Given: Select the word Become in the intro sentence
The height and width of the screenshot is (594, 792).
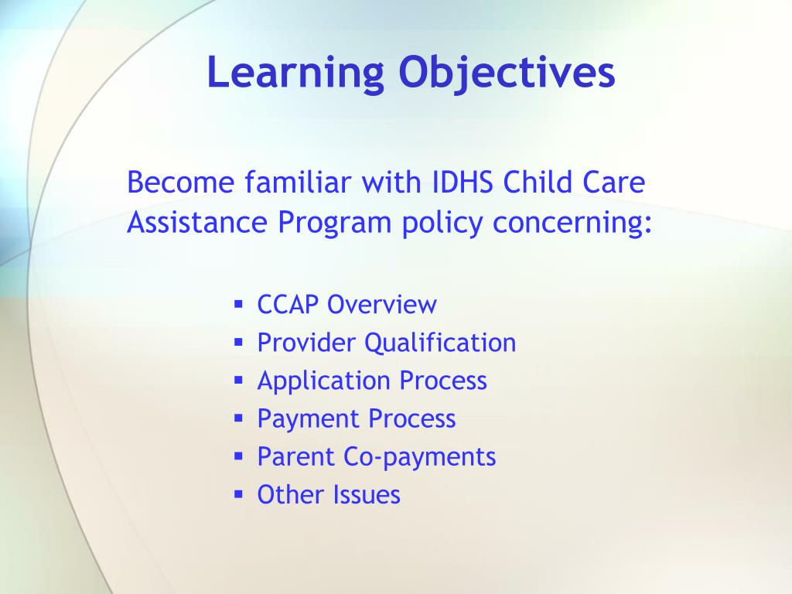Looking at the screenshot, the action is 181,182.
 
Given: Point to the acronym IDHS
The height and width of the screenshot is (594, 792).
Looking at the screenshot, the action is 463,182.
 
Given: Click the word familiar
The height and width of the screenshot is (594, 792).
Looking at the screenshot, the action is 298,182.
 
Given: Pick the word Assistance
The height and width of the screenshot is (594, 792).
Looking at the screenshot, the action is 197,222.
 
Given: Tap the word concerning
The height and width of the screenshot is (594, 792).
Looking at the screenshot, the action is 572,223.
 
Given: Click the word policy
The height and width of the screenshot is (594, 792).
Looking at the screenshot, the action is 442,223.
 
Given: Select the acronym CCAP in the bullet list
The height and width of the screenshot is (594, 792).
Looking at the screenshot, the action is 288,305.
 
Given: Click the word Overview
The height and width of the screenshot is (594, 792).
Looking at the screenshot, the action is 382,305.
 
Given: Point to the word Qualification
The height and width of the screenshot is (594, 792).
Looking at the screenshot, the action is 440,343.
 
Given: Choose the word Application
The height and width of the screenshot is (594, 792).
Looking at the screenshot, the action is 324,381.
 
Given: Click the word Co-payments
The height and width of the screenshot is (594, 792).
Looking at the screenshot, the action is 420,457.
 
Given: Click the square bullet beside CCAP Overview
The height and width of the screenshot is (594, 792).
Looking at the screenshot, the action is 239,304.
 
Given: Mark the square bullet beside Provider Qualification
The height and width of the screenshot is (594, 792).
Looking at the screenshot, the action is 239,342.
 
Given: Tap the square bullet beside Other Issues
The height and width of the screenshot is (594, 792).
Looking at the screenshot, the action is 239,494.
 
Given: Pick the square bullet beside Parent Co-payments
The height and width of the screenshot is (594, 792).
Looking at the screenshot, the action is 239,456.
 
